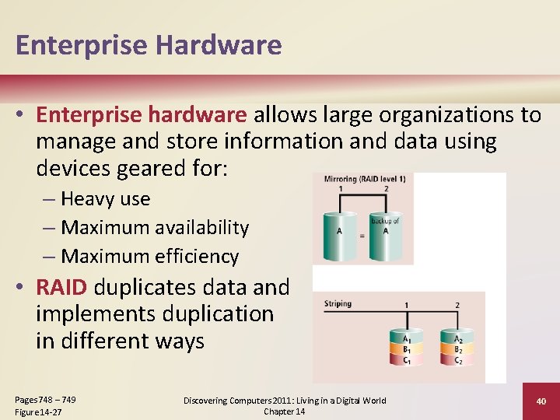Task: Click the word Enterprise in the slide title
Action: [x=81, y=45]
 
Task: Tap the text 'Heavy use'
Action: [x=105, y=199]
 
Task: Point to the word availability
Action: [x=201, y=228]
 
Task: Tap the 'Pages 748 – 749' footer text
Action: [x=45, y=400]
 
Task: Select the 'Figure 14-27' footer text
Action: [x=39, y=411]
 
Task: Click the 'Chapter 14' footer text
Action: [x=284, y=411]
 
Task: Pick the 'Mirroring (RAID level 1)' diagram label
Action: [x=364, y=179]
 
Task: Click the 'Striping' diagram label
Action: [x=338, y=303]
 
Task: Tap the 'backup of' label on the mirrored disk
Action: [x=384, y=222]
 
